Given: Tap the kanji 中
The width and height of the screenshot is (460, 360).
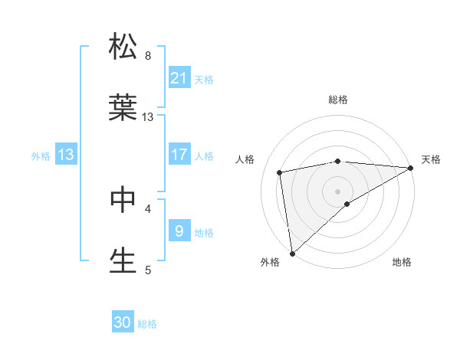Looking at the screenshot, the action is (x=123, y=199).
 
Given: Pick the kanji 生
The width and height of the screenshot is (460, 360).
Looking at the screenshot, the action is (x=123, y=260).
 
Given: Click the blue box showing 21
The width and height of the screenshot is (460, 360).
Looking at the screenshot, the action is (x=179, y=77).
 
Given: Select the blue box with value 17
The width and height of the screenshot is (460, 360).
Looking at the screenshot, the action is (x=179, y=155).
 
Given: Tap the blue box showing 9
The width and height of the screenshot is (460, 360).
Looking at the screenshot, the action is (x=179, y=231).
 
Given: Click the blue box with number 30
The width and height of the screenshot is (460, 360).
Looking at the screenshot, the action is (x=123, y=323).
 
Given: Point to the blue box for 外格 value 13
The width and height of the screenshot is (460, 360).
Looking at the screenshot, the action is (x=66, y=155).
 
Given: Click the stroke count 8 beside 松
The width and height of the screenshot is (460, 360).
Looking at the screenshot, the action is (x=148, y=55).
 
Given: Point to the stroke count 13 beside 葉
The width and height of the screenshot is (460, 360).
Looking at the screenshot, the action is (x=148, y=117).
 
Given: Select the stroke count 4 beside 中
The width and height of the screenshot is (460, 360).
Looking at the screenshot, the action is (x=148, y=208).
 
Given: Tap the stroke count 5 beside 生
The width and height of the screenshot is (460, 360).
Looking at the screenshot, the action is (x=148, y=270).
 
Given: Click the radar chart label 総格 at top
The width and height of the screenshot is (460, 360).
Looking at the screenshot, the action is (x=338, y=100).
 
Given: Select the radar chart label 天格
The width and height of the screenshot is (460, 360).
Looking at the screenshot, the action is (x=431, y=159).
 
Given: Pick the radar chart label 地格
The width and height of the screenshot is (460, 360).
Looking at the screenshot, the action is (x=402, y=262).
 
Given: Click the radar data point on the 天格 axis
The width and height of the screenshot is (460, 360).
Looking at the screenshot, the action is (x=411, y=169).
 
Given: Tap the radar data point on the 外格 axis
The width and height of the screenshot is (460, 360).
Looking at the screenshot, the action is (x=292, y=253).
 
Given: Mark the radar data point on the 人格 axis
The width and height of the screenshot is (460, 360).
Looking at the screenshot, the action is (x=281, y=172).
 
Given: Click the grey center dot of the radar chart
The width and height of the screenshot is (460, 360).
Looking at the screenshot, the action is (x=338, y=191).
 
